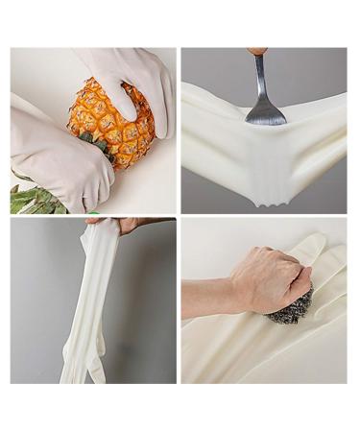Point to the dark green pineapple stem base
click(94, 144)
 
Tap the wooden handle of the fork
click(258, 51)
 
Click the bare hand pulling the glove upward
click(129, 225)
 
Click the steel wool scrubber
click(292, 306)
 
